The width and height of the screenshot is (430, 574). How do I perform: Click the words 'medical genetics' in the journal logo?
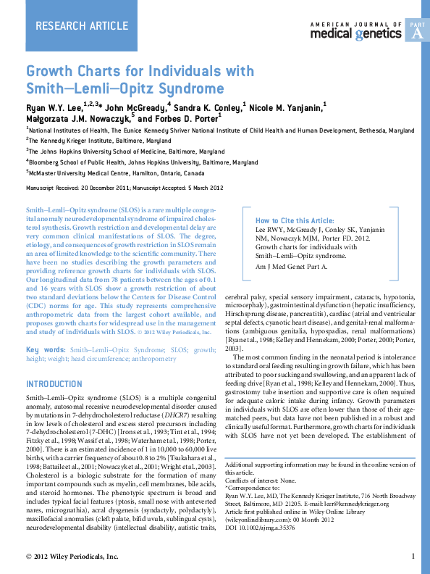coord(355,33)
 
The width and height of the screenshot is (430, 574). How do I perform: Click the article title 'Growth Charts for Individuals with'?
coord(140,71)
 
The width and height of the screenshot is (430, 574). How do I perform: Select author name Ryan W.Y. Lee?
coord(53,107)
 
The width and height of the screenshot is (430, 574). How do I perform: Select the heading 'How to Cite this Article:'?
coord(295,220)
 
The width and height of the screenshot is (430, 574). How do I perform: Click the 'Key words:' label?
coord(45,350)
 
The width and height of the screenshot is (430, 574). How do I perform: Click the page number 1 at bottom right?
coord(412,557)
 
